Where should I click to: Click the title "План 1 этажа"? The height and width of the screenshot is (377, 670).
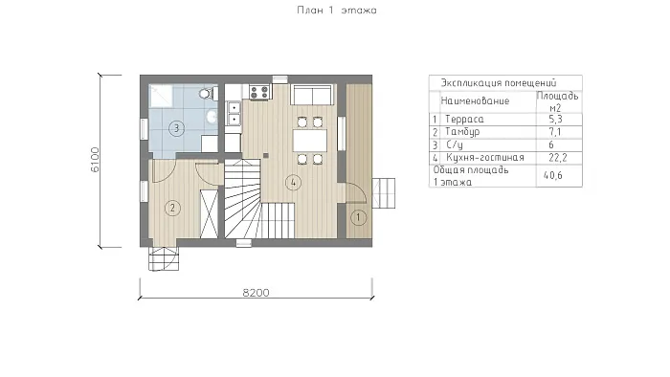coord(337,11)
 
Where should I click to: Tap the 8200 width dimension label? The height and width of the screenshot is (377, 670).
coord(256,293)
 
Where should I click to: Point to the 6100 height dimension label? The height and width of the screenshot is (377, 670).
coord(95,160)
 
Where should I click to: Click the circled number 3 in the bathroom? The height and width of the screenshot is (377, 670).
coord(176,128)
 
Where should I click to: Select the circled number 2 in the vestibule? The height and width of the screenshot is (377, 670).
coord(172,208)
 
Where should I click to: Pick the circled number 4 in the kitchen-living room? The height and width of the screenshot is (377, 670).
coord(293,183)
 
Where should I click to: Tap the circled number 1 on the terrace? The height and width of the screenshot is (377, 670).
coord(358,218)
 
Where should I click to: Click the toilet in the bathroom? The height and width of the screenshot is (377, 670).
coord(208,93)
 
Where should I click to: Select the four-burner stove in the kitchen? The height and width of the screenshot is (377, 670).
coord(259,92)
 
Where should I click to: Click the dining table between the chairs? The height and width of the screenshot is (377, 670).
coord(310,141)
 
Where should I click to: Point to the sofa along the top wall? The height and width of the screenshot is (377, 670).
coord(312,95)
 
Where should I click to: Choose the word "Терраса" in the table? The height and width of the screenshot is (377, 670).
coord(464,119)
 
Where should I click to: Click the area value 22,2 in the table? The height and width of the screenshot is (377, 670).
coord(558,158)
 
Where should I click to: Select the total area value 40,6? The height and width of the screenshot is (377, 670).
coord(553,175)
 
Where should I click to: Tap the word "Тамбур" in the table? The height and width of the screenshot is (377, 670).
coord(462,132)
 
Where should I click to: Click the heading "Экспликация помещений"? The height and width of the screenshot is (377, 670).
coord(499,83)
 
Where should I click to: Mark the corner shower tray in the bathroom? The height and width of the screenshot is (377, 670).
coord(161,96)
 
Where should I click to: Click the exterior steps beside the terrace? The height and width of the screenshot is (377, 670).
coord(384,193)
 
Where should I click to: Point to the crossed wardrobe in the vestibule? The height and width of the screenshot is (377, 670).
coord(210,214)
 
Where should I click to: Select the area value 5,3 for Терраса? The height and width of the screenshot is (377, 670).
coord(555,119)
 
